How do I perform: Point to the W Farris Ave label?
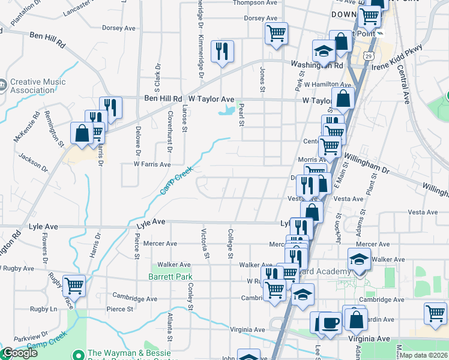tap(152, 164)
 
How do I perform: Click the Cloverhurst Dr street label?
tap(170, 128)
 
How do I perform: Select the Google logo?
tap(20, 353)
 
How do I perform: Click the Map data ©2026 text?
tap(424, 355)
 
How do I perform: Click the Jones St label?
tap(262, 80)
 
